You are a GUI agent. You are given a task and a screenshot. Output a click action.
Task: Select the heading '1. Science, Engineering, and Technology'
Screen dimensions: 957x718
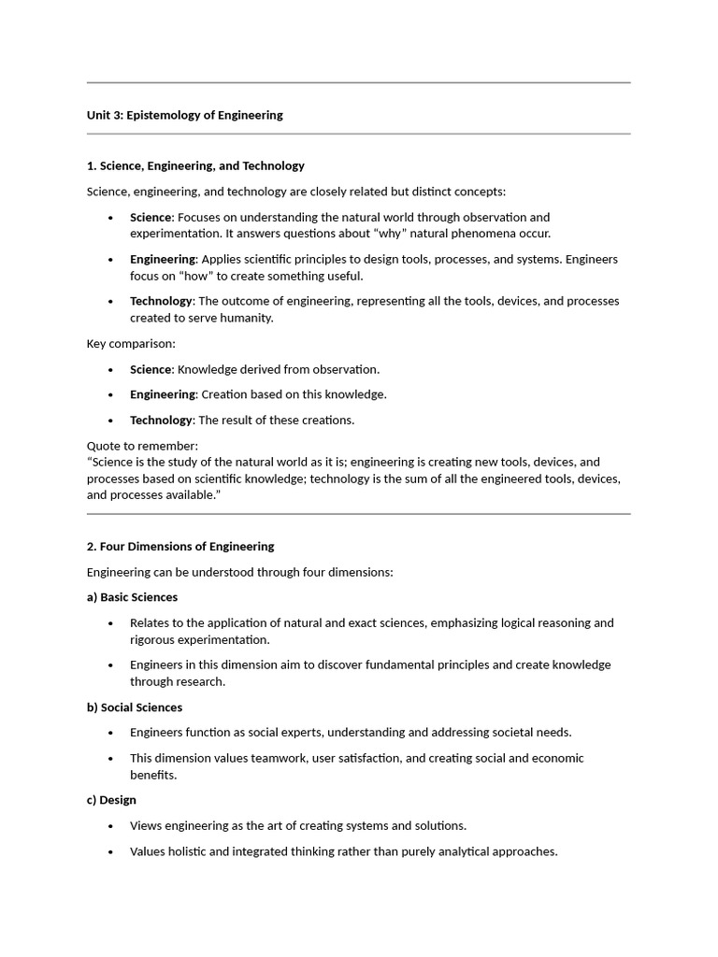point(195,165)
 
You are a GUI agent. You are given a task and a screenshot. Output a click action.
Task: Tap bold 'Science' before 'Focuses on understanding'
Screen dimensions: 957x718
point(151,217)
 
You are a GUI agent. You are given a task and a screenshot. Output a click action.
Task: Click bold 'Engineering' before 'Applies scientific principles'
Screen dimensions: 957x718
point(163,259)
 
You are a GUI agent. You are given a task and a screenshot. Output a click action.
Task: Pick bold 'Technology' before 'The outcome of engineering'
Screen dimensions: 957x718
point(161,301)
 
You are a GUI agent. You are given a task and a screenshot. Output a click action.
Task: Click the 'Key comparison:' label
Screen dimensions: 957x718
point(131,343)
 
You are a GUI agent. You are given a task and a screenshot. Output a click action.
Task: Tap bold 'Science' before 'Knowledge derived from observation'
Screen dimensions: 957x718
point(151,369)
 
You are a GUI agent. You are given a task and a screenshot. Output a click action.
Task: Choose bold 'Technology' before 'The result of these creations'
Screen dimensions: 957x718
point(161,420)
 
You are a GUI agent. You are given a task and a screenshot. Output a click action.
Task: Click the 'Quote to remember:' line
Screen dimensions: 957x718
point(142,446)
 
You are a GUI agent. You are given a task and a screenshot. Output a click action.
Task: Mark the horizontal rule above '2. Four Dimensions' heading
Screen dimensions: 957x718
point(358,514)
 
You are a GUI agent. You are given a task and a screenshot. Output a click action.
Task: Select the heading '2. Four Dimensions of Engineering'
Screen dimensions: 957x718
point(180,546)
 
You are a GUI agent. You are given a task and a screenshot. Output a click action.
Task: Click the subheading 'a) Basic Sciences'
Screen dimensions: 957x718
point(132,597)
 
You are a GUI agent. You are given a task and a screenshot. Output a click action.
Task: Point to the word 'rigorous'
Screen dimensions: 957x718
point(152,640)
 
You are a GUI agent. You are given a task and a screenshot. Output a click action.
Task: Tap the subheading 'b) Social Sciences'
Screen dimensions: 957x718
point(135,707)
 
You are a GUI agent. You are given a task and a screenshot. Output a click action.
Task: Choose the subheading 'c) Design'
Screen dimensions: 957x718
point(111,800)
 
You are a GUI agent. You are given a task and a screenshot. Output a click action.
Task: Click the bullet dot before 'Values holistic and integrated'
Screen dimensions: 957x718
point(111,851)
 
